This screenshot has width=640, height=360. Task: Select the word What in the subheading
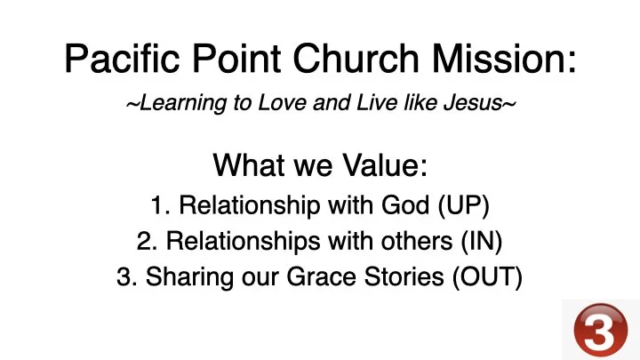coord(246,166)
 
